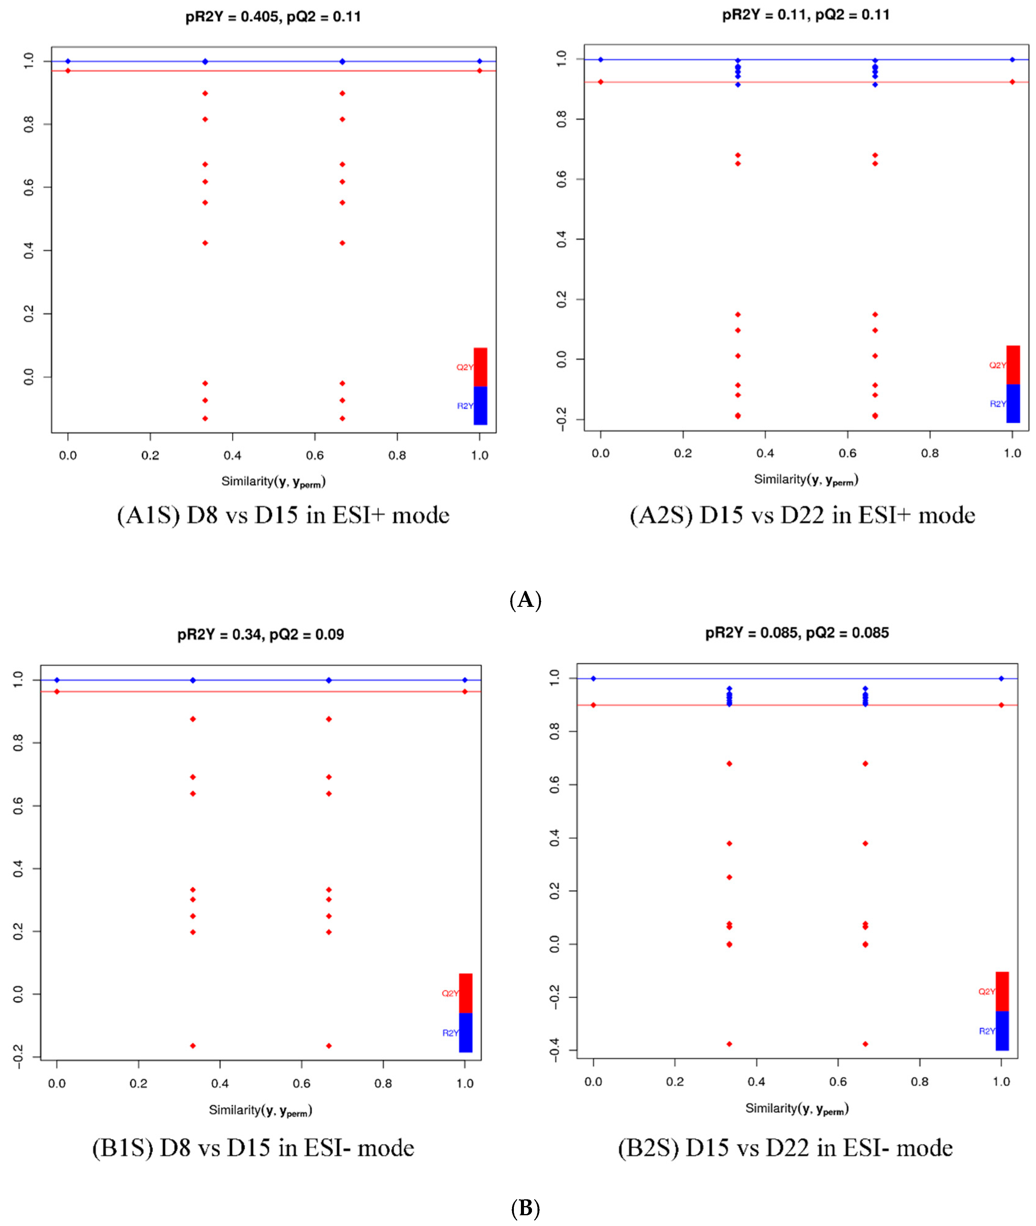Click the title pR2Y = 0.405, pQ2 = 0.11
pos(273,17)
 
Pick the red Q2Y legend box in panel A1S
pos(480,367)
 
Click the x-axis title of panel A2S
pos(806,480)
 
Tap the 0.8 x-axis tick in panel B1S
pos(383,1083)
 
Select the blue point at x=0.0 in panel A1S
pos(68,61)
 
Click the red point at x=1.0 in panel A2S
pos(1012,82)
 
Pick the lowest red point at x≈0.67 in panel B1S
pos(329,1046)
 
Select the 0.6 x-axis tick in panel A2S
pos(847,453)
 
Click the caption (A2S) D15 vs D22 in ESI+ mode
pos(802,515)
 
